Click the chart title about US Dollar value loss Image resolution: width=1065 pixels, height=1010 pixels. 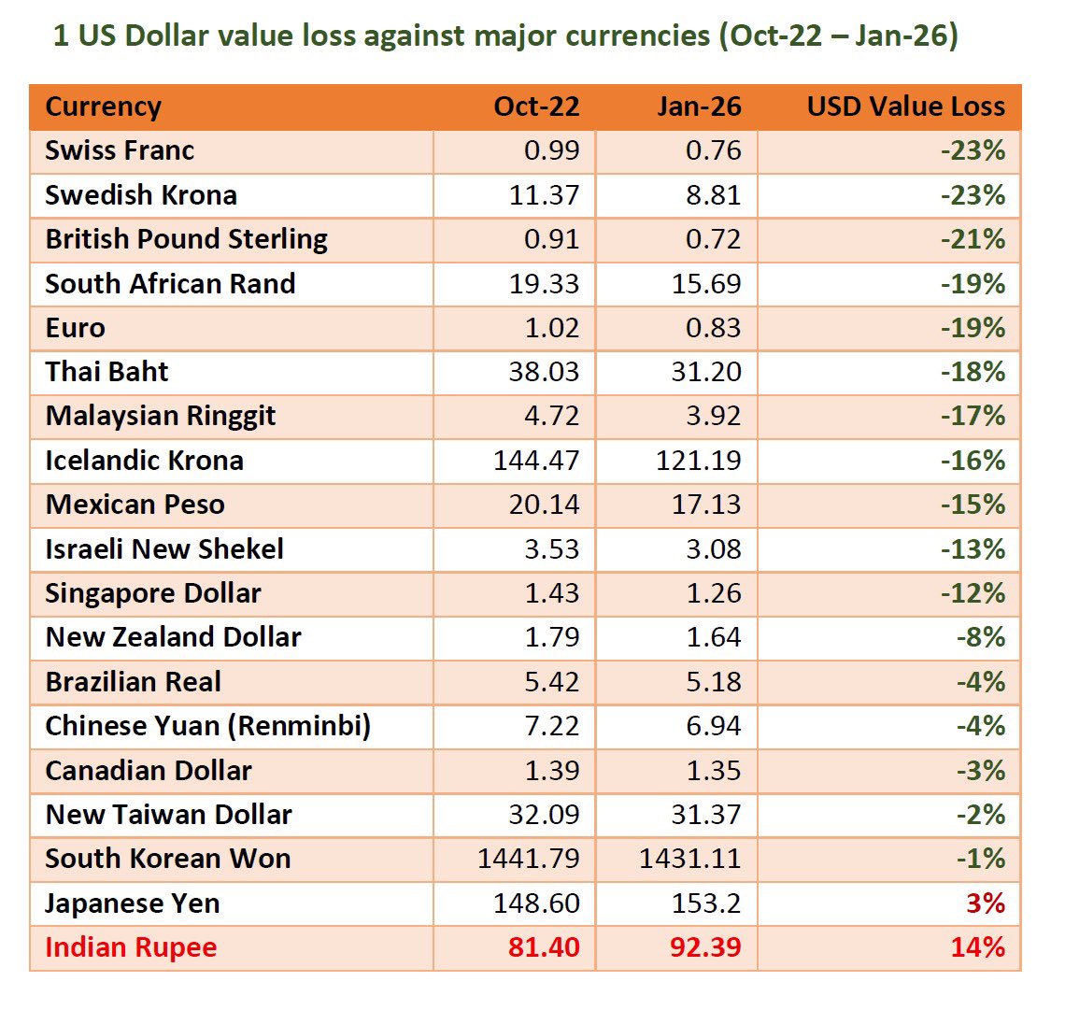504,36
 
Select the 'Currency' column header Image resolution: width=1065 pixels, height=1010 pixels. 103,107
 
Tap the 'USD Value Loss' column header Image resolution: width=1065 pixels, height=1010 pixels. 905,107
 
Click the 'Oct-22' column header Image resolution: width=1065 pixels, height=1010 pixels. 536,107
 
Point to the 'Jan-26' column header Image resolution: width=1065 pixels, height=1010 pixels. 698,107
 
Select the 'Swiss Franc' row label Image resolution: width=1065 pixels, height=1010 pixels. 120,151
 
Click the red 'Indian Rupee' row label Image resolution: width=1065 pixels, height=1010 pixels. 131,947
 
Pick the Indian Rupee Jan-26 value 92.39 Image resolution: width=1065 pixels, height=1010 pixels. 705,947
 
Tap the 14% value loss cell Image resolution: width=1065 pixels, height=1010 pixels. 978,947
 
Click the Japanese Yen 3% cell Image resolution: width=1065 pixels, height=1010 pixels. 986,903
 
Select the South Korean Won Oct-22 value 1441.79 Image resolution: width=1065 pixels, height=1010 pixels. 529,859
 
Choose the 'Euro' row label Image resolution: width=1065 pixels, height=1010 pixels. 75,328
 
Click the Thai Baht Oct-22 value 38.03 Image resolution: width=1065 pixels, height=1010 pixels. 544,372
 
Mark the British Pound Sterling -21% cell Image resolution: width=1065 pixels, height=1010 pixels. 973,239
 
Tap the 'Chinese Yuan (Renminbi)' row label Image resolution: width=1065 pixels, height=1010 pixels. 207,726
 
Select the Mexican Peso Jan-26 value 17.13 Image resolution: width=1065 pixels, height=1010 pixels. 705,505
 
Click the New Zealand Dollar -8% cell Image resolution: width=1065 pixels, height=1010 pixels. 980,637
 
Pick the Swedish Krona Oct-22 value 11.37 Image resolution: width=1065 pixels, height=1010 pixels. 544,195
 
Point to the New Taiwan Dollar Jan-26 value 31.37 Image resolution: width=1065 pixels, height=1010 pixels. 705,815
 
